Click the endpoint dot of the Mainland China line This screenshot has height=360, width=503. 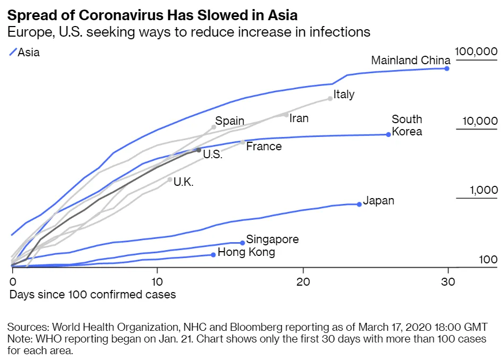[x=447, y=68]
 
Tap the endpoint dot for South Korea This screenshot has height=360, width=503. [x=388, y=134]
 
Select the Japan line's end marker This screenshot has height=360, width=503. [x=359, y=204]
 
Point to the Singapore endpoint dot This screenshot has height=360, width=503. [x=242, y=243]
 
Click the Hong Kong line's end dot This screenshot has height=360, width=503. [x=213, y=255]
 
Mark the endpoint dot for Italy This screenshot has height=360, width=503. [x=330, y=99]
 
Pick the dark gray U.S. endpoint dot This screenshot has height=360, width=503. [x=199, y=150]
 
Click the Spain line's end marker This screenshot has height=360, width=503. [x=214, y=126]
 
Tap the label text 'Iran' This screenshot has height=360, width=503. [x=299, y=118]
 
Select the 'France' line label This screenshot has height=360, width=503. [x=264, y=146]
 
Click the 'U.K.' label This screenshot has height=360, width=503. [x=184, y=182]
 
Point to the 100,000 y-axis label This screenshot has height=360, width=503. [x=476, y=52]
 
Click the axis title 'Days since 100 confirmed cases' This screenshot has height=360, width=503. [x=92, y=294]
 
